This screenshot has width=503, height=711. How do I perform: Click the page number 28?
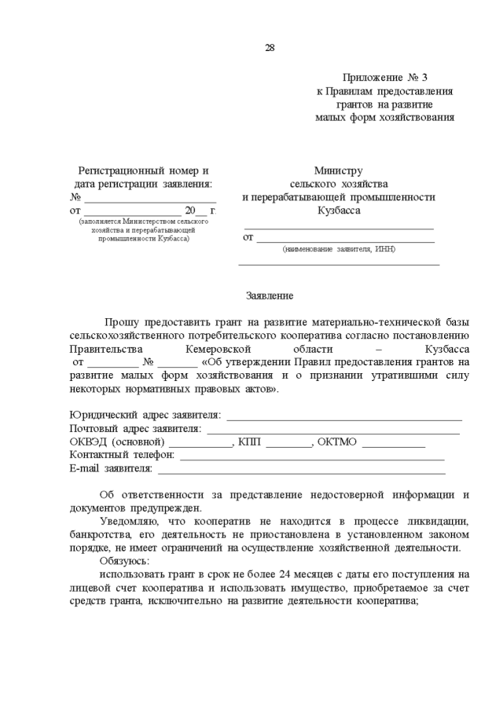coord(270,48)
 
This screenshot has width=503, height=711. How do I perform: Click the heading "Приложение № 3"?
coord(385,78)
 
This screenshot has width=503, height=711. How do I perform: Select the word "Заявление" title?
coord(270,296)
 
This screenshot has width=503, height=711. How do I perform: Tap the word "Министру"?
coord(338,170)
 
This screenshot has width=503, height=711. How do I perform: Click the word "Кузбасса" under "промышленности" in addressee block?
coord(339,211)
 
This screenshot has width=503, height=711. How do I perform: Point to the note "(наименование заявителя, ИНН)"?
coord(339,249)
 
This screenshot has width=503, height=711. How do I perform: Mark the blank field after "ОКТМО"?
coord(393,442)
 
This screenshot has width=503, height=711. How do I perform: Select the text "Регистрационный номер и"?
coord(143,170)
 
